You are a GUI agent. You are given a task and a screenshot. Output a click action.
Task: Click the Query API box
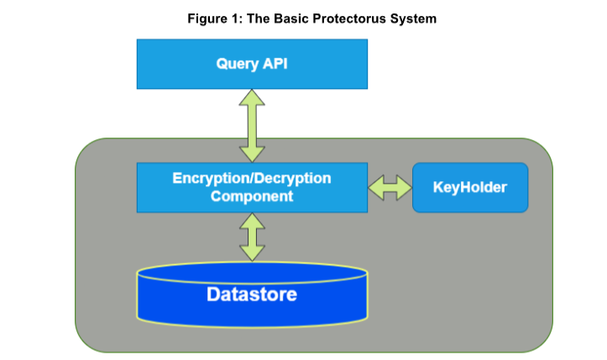pyautogui.click(x=252, y=64)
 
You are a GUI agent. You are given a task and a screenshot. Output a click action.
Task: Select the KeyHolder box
pyautogui.click(x=470, y=187)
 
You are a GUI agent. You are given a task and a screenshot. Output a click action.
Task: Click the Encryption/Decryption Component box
pyautogui.click(x=252, y=187)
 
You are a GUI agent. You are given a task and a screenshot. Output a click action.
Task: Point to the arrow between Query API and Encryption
pyautogui.click(x=252, y=126)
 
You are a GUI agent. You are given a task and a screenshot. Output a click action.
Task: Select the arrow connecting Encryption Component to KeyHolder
pyautogui.click(x=390, y=187)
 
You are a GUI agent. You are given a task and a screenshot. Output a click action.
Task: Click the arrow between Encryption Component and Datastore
pyautogui.click(x=252, y=237)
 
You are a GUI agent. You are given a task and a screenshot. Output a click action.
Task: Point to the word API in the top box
pyautogui.click(x=274, y=64)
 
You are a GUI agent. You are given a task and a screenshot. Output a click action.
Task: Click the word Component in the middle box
pyautogui.click(x=252, y=196)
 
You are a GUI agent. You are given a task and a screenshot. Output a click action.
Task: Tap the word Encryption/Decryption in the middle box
pyautogui.click(x=252, y=179)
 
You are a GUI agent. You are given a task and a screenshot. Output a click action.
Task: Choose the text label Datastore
pyautogui.click(x=252, y=295)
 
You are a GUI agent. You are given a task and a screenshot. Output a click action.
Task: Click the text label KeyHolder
pyautogui.click(x=470, y=187)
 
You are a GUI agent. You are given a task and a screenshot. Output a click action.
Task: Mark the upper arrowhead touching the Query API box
pyautogui.click(x=252, y=97)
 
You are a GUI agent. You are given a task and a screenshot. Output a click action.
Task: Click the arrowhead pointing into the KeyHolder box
pyautogui.click(x=405, y=187)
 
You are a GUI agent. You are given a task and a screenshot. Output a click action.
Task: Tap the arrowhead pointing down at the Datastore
pyautogui.click(x=252, y=255)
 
